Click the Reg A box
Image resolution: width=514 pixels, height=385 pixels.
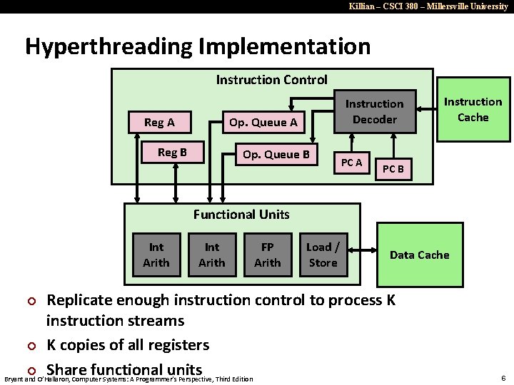(159, 122)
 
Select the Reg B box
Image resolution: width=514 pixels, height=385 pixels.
(172, 153)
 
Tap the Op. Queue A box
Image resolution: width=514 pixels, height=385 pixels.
(263, 122)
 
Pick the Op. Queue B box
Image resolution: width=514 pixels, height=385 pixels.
(276, 154)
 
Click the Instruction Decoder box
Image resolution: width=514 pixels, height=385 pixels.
(375, 112)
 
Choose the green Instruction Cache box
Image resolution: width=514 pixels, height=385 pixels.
(473, 110)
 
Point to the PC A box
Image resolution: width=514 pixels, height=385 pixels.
(351, 163)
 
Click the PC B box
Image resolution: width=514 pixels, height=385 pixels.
(393, 169)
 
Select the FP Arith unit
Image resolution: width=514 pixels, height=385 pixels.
(267, 255)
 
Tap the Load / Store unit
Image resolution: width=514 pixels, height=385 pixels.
(323, 255)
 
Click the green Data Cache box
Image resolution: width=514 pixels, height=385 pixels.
(419, 255)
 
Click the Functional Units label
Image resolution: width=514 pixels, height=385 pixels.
(242, 214)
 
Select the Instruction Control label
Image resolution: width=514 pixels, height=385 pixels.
(271, 80)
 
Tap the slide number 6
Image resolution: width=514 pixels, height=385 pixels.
(503, 378)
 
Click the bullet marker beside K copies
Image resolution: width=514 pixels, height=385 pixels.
(31, 346)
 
